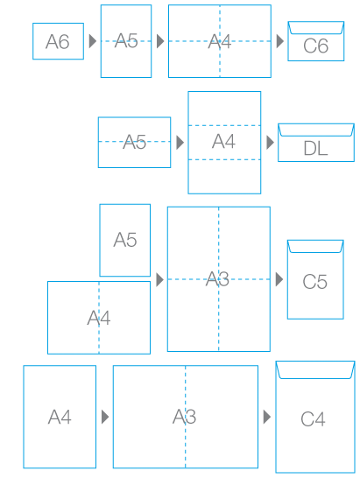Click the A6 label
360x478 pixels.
click(x=58, y=41)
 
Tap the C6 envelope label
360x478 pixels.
click(x=315, y=46)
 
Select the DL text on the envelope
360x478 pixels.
click(x=315, y=148)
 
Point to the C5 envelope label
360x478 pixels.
click(x=314, y=282)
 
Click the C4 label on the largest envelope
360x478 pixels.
click(x=313, y=419)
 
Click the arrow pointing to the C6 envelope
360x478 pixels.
click(x=279, y=41)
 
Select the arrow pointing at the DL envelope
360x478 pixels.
click(x=268, y=142)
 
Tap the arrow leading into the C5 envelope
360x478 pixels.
click(x=279, y=279)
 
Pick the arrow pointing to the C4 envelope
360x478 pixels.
click(x=266, y=417)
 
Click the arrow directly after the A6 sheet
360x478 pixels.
click(x=92, y=41)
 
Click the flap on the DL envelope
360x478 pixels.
click(x=315, y=130)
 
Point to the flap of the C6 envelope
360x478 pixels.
click(x=315, y=29)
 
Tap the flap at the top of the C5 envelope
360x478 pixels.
click(x=315, y=247)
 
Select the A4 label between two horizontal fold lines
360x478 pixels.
click(x=223, y=142)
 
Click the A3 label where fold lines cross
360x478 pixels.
click(x=217, y=279)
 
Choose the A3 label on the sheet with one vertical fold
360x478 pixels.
click(x=184, y=417)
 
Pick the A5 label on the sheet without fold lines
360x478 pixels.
click(x=125, y=240)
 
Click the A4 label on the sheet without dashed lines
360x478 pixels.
click(x=59, y=417)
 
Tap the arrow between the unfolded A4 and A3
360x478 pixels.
click(x=105, y=417)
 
